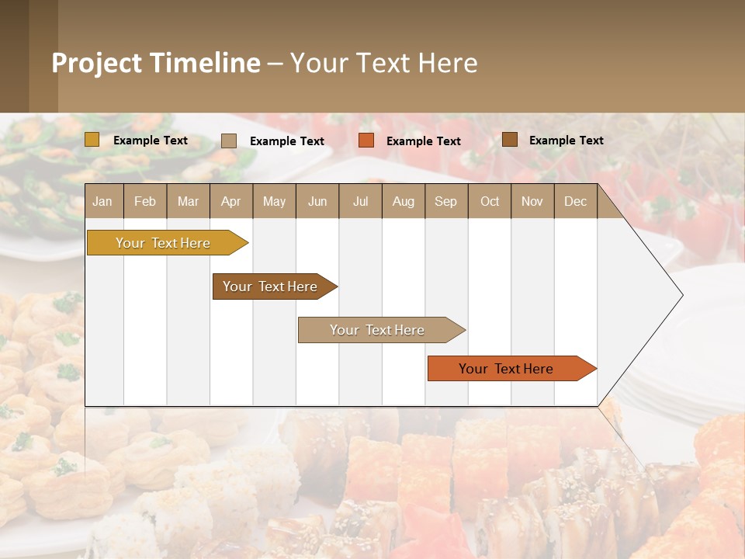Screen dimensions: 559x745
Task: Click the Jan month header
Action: click(x=102, y=201)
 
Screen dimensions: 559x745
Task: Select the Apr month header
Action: click(x=230, y=201)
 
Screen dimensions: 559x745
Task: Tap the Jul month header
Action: click(x=360, y=201)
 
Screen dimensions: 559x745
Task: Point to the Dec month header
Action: click(x=575, y=201)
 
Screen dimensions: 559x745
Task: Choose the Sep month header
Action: click(x=445, y=201)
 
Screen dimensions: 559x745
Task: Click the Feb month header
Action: click(x=145, y=201)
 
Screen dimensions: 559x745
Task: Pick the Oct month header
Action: click(x=490, y=201)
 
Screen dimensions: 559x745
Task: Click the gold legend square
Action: click(x=92, y=140)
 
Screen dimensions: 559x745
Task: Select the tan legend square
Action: click(x=229, y=141)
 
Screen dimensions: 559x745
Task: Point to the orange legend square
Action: click(x=366, y=141)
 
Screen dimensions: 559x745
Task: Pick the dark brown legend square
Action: click(x=510, y=140)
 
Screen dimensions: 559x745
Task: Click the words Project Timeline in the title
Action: click(x=155, y=63)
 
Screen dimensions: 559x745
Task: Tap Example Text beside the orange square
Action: click(x=423, y=141)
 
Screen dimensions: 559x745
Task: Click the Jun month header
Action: click(x=317, y=201)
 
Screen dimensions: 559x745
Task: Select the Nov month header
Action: click(x=532, y=201)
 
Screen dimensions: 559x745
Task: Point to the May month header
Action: click(x=274, y=201)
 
